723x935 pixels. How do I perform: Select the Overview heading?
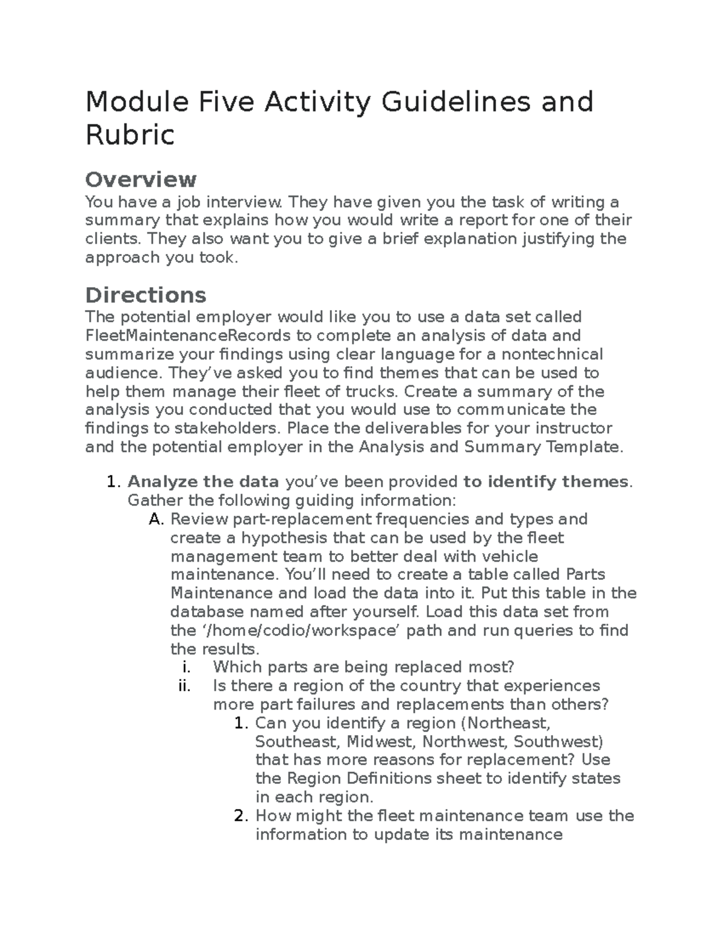140,179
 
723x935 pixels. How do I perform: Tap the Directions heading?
145,295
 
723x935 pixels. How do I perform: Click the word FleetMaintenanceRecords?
187,335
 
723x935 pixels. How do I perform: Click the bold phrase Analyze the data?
203,482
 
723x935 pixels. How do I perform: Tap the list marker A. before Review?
155,519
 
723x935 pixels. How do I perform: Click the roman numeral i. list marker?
186,667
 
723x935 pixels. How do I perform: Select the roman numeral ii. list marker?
184,686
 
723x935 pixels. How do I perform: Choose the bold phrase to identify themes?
545,482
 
